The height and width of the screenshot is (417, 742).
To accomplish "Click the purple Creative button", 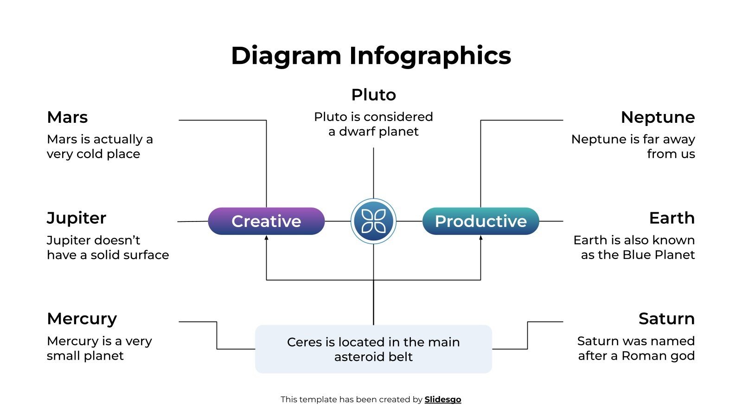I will click(x=266, y=221).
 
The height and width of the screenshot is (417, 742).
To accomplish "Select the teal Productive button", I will click(x=480, y=221).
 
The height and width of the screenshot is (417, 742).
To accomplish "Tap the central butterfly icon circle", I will click(x=373, y=221).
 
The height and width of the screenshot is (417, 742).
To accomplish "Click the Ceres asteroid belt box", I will click(x=373, y=349).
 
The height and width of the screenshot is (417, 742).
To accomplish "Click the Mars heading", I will click(x=67, y=117).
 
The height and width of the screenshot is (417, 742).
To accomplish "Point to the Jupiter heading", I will click(x=77, y=218).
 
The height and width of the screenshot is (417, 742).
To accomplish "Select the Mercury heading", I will click(x=82, y=319).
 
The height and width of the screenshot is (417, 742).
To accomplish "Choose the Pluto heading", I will click(x=373, y=95).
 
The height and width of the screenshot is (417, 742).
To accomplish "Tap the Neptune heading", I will click(x=658, y=117).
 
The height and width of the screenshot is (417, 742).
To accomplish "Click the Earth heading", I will click(x=672, y=218).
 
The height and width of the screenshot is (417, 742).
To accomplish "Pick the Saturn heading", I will click(x=666, y=319).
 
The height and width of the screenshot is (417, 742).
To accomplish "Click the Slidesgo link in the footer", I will click(x=442, y=399).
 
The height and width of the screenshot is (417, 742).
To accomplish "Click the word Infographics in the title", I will click(x=430, y=56).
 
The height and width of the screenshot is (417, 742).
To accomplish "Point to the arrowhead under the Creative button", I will click(x=266, y=238).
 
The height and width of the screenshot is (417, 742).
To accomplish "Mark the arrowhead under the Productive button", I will click(x=480, y=238).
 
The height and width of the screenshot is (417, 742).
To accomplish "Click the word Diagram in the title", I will click(x=286, y=56).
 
